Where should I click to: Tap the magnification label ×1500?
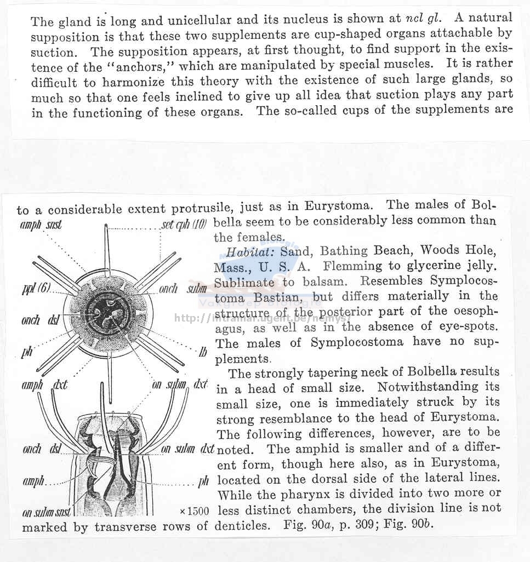(x=194, y=511)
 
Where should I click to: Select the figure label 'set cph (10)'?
(x=184, y=224)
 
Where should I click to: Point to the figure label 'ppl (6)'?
(x=36, y=289)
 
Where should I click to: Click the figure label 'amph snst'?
(x=41, y=224)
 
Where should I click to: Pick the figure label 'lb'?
(x=203, y=352)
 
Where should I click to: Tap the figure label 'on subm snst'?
(x=47, y=513)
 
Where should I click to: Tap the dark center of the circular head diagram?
(x=108, y=314)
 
